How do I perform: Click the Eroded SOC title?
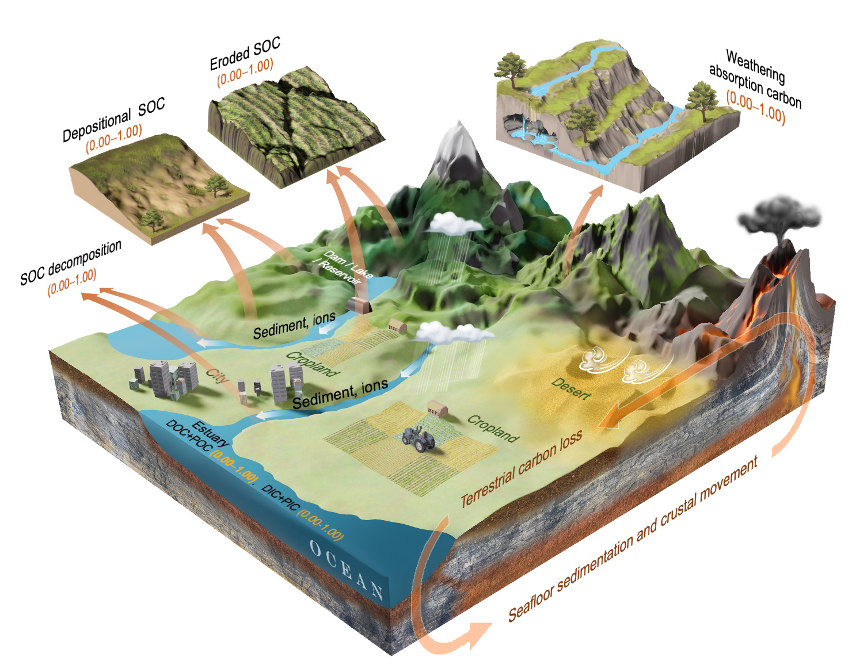[x=245, y=53]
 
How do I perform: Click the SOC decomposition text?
[x=71, y=262]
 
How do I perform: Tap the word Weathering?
[x=755, y=66]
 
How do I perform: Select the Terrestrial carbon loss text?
[x=522, y=468]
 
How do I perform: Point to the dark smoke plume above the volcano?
[x=779, y=216]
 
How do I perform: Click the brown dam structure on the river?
[x=359, y=305]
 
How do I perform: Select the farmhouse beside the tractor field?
[x=438, y=410]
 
